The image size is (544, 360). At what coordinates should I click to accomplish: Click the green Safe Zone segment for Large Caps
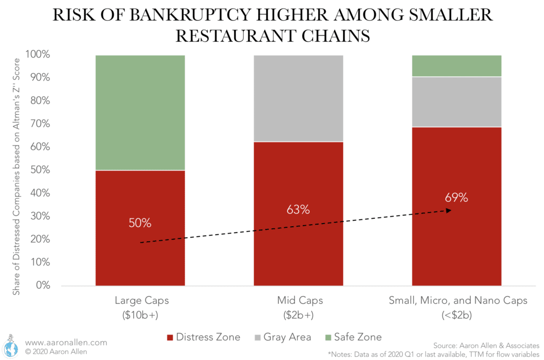[x=140, y=112]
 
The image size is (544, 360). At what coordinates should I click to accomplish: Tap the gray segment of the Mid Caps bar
[x=298, y=98]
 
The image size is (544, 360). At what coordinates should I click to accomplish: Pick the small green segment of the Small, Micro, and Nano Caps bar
[x=457, y=66]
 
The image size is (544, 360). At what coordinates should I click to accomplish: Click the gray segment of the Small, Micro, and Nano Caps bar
[x=457, y=102]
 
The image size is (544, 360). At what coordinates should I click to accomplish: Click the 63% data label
[x=298, y=209]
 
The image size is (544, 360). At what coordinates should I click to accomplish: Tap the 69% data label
[x=456, y=198]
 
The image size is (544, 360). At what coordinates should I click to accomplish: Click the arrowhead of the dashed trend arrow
[x=449, y=211]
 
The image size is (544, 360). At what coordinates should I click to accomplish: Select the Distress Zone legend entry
[x=205, y=337]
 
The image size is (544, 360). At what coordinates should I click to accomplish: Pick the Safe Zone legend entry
[x=355, y=337]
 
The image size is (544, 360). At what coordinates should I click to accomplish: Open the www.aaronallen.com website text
[x=66, y=343]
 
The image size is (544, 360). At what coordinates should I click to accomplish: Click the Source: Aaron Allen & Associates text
[x=486, y=346]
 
